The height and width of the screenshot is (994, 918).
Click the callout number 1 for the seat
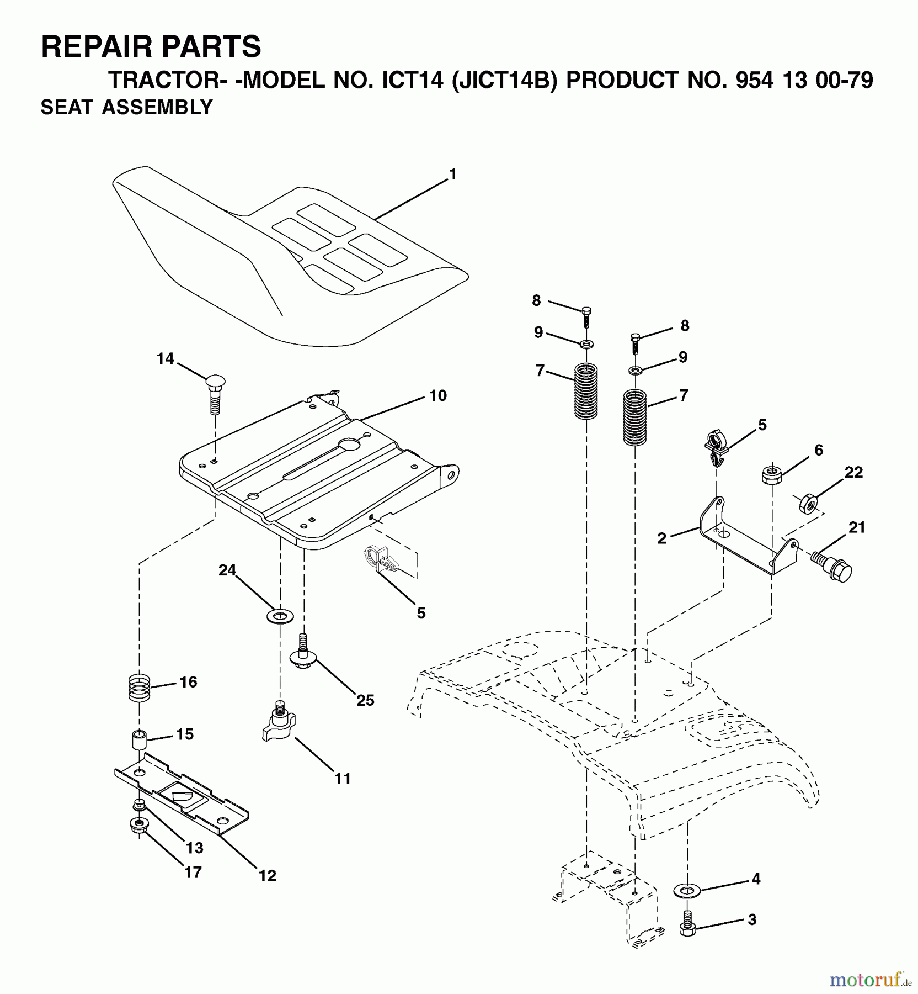coord(452,175)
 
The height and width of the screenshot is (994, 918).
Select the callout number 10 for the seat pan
coord(437,395)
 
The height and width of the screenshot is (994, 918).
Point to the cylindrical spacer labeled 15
coord(139,739)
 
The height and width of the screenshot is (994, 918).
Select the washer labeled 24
coord(280,615)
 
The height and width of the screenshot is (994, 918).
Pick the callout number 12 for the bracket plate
coord(268,875)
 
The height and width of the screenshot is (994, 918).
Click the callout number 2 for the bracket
coord(662,538)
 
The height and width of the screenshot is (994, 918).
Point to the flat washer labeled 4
coord(687,890)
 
